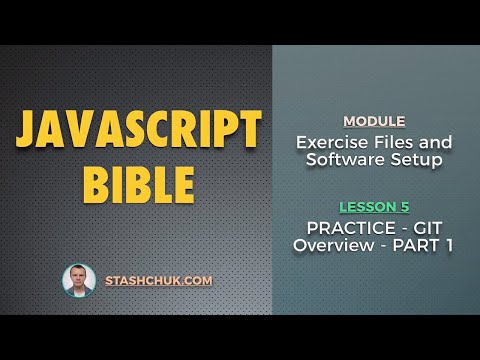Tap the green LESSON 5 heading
click(x=374, y=207)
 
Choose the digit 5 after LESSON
click(x=404, y=207)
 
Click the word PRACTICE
click(x=345, y=227)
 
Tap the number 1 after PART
click(x=449, y=245)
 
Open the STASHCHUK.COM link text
click(x=159, y=281)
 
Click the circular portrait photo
click(x=79, y=281)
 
